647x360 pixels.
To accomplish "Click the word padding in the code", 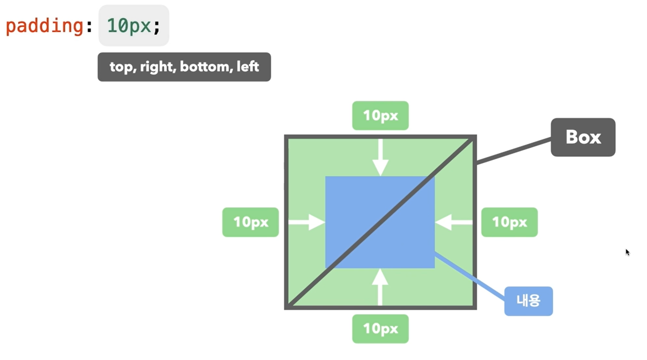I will (x=44, y=26).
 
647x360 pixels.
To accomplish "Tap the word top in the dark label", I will (x=120, y=67).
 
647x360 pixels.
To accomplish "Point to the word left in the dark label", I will (x=248, y=67).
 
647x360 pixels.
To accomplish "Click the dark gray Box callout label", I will (x=583, y=137).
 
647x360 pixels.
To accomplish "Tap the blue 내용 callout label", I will (x=528, y=301).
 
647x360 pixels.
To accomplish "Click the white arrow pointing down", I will (x=380, y=159).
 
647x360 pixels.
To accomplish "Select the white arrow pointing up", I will (x=380, y=287).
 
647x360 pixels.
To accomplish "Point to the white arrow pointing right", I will (x=307, y=222).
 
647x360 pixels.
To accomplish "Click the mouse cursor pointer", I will (x=627, y=252).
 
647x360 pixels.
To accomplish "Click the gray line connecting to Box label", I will (x=514, y=151).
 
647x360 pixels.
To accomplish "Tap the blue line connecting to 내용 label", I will (x=469, y=276).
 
